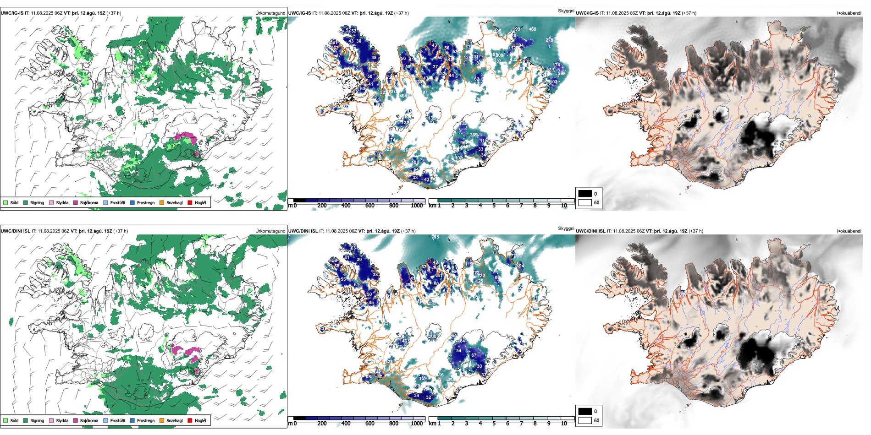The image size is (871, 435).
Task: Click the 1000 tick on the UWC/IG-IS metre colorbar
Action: point(417,206)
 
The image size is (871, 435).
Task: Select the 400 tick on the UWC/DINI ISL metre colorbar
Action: point(346,424)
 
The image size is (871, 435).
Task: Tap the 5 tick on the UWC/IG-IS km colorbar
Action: point(494,206)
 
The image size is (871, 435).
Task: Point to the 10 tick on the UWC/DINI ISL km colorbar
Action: point(564,424)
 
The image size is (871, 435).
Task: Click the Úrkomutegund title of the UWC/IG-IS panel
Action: point(270,13)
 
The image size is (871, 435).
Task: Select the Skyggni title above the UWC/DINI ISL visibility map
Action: point(566,228)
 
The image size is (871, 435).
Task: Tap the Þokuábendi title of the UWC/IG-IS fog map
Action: point(849,13)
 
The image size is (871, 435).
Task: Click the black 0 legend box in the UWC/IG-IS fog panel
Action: point(585,194)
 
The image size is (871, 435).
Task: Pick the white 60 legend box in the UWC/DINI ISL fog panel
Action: point(585,420)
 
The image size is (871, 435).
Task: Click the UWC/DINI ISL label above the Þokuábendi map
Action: point(590,231)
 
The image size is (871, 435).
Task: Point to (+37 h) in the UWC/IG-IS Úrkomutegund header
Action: point(114,13)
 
